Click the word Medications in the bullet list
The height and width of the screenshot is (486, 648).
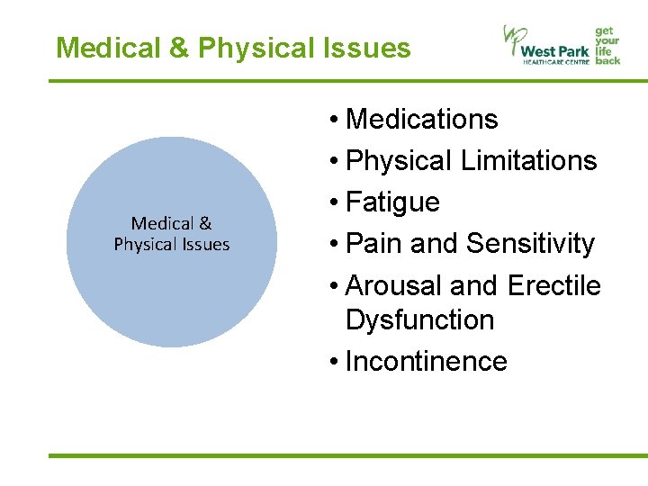[421, 119]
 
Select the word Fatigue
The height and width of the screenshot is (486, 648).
[392, 202]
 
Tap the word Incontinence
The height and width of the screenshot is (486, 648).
[426, 361]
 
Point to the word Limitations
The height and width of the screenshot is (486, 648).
[528, 160]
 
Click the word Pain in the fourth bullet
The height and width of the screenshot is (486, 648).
[372, 244]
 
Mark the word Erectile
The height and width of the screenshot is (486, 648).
[553, 285]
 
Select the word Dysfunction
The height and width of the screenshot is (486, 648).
[419, 319]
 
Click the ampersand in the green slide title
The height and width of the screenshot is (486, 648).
[176, 48]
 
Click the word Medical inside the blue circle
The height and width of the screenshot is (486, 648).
[162, 223]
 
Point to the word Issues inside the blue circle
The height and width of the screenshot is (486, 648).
[204, 244]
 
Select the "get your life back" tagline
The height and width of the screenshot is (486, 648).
[607, 44]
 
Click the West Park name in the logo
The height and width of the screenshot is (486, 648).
[556, 49]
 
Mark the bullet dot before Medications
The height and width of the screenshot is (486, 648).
[333, 120]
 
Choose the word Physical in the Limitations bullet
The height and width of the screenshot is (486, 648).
[399, 160]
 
